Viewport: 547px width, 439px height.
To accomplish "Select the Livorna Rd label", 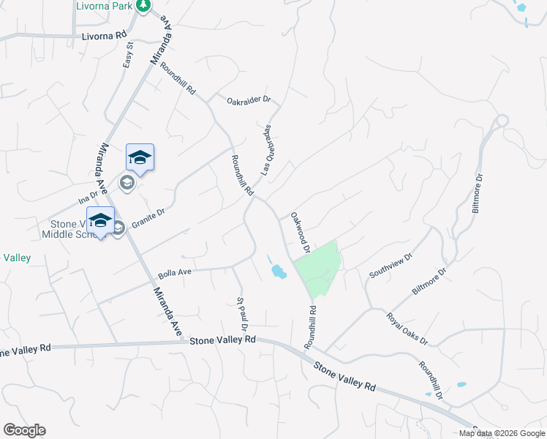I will tap(104, 34).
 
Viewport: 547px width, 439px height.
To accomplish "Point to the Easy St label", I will tap(128, 55).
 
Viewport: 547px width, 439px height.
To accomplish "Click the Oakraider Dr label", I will tap(249, 100).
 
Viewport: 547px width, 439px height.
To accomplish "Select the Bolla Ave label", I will tap(174, 273).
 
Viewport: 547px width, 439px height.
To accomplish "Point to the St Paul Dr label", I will tap(241, 312).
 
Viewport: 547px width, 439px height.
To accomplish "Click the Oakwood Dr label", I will tap(301, 232).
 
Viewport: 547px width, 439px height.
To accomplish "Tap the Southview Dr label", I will tap(391, 266).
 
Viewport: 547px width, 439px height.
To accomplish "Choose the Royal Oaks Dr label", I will tap(407, 329).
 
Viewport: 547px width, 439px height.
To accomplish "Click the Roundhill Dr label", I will tap(431, 380).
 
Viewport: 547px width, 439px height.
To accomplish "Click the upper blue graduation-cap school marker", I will tap(140, 158).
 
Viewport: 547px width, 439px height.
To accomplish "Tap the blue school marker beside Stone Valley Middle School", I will tap(100, 221).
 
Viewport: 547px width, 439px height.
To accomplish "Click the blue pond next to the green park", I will tap(279, 272).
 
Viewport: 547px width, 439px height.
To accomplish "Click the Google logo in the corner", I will tap(24, 430).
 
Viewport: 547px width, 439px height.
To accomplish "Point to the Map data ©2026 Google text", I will tap(502, 433).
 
